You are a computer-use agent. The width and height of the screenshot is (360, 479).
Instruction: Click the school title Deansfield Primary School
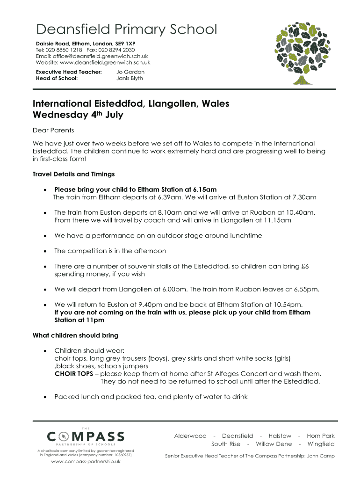pos(127,29)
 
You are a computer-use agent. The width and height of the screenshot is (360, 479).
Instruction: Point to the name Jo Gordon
pos(130,72)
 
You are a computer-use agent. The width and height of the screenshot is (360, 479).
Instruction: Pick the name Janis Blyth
pos(130,79)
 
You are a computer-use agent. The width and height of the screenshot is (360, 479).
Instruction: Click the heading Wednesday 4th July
pos(78,115)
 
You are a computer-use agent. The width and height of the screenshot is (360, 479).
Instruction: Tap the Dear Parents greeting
pos(53,130)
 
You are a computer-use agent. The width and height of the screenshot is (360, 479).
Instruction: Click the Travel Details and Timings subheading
pos(73,174)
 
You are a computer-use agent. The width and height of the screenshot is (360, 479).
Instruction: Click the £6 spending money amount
pos(306,266)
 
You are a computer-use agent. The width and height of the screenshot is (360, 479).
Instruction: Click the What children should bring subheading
pos(75,335)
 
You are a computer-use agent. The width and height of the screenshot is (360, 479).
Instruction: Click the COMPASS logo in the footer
pos(86,437)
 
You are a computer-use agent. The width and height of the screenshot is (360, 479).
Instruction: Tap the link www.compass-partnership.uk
pos(86,462)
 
